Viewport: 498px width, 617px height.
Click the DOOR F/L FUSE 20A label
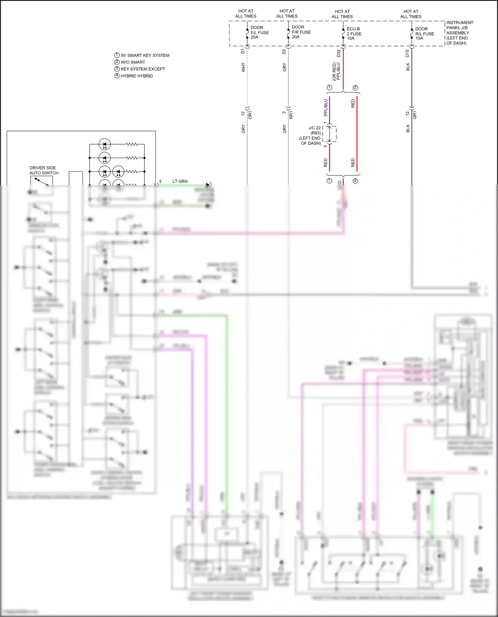[x=259, y=32]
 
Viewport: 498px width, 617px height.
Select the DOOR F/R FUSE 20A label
[x=301, y=32]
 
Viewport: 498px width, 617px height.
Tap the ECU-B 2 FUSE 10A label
[x=354, y=33]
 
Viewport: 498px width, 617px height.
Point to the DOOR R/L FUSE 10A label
[x=424, y=33]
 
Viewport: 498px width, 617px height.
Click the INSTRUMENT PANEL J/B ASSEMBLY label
[x=459, y=33]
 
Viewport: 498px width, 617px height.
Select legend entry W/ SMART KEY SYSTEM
[x=145, y=55]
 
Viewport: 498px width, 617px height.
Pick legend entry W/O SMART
[x=133, y=62]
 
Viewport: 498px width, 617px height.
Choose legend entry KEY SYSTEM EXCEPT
[x=143, y=69]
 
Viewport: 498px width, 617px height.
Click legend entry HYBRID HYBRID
[x=136, y=76]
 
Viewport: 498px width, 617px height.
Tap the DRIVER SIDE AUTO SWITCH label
[x=43, y=170]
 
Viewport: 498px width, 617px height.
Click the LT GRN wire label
[x=180, y=181]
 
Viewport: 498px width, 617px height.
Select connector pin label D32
[x=339, y=53]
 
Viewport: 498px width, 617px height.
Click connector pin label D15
[x=407, y=53]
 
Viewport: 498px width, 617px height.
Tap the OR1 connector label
[x=250, y=115]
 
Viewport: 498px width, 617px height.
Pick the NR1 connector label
[x=291, y=115]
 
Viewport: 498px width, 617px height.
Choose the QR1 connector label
[x=415, y=115]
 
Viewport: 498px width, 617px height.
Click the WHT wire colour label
[x=243, y=67]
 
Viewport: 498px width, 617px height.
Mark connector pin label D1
[x=243, y=51]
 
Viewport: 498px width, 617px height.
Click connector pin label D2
[x=284, y=51]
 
